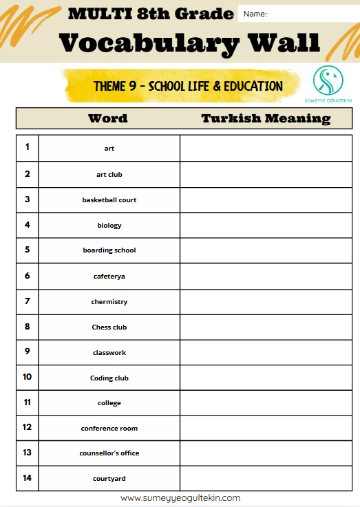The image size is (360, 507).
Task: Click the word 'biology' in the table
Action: (x=109, y=225)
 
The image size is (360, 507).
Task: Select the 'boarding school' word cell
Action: (x=109, y=250)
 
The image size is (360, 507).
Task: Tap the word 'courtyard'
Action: (x=109, y=478)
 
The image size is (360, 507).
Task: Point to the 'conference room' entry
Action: (x=109, y=428)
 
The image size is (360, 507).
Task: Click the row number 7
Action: (x=27, y=301)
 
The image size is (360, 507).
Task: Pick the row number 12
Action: (x=27, y=427)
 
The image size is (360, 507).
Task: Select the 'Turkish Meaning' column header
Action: (x=266, y=118)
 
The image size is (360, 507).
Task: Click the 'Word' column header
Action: (x=107, y=118)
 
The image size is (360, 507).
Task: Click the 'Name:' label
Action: (x=255, y=14)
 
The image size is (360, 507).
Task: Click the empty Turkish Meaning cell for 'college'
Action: (x=266, y=402)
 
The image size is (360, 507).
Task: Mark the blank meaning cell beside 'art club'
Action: (x=266, y=174)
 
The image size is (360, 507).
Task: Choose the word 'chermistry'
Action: (x=109, y=301)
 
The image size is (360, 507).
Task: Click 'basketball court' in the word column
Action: (x=109, y=199)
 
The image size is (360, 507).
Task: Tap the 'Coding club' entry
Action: (x=109, y=378)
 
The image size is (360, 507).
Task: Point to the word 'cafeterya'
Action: (x=109, y=276)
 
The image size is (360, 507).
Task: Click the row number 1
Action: (x=27, y=147)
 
